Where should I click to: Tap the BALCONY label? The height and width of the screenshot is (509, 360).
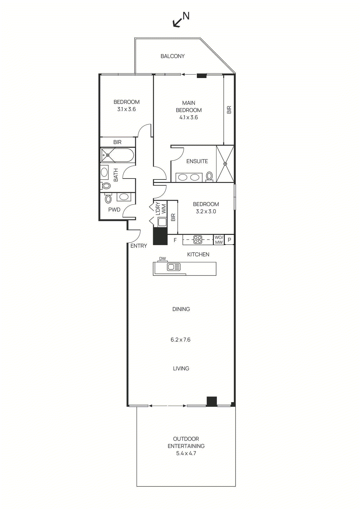(173, 56)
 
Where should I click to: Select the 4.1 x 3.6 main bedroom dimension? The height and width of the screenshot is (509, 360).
(188, 117)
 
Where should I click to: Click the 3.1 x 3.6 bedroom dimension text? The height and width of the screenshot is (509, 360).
(126, 109)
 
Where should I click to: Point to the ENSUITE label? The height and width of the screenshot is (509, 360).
(197, 161)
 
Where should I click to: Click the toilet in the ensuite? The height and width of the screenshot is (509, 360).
(209, 176)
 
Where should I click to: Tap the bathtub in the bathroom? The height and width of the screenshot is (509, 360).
(117, 155)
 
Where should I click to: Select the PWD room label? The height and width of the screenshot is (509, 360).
(114, 210)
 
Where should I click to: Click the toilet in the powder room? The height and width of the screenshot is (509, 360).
(109, 199)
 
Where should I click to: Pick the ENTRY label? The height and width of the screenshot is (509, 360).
(139, 246)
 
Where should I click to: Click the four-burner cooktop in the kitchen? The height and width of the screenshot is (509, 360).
(198, 240)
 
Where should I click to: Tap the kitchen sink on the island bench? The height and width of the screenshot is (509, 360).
(174, 267)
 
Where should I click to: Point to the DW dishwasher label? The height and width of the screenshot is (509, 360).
(163, 259)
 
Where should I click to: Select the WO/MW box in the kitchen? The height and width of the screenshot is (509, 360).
(219, 240)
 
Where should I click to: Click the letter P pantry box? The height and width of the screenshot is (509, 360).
(229, 240)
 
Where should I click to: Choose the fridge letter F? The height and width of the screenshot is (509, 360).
(175, 240)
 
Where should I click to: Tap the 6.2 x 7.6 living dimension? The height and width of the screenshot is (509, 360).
(180, 340)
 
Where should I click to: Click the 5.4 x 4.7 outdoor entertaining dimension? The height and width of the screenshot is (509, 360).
(186, 453)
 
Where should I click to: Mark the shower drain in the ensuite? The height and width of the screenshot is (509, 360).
(225, 164)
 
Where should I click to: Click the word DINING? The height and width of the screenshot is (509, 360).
(181, 309)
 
